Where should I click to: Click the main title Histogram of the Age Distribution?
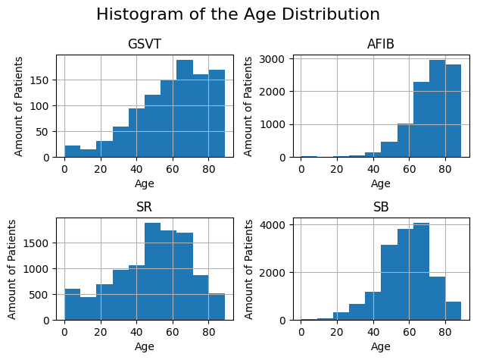pos(238,14)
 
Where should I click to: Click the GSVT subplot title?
pos(144,44)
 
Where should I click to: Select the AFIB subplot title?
pos(381,44)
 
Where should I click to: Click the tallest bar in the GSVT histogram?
pos(185,108)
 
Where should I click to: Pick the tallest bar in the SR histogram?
pos(152,271)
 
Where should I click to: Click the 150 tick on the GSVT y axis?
pos(42,80)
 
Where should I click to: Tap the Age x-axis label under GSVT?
pos(144,183)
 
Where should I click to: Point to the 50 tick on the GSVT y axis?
pos(45,132)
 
